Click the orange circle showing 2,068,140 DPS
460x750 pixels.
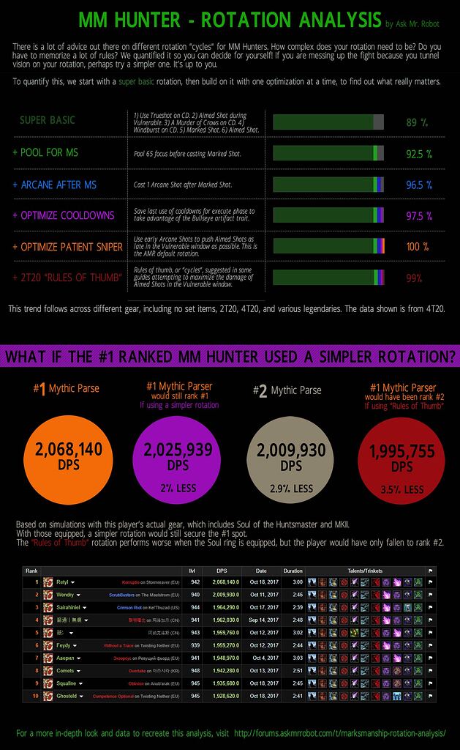[63, 456]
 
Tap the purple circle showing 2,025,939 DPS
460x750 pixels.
[173, 456]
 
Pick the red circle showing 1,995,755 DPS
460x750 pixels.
[401, 456]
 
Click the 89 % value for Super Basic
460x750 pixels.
[417, 122]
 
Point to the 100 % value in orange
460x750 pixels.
[418, 247]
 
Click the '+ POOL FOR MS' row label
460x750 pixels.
[45, 153]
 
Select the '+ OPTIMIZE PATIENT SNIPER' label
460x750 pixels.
[67, 247]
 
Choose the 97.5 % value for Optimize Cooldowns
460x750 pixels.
[419, 216]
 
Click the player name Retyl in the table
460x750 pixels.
[62, 582]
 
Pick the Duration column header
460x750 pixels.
[293, 571]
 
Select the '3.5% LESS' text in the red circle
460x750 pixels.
[401, 489]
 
